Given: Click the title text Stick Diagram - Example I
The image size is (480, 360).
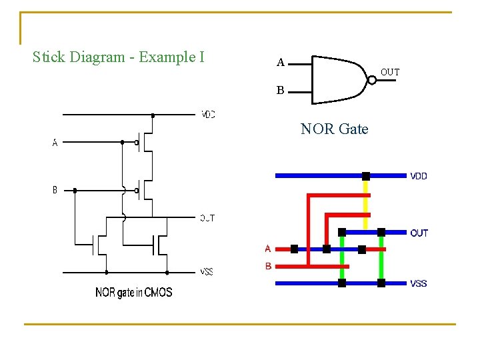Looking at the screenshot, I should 118,57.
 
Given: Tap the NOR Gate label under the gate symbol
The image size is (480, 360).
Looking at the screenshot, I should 334,129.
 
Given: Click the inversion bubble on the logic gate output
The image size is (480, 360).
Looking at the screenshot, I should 372,80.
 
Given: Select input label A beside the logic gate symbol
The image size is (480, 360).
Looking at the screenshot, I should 281,63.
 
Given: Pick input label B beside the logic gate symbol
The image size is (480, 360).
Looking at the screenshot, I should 281,90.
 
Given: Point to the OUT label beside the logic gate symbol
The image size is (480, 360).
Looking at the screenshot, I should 390,72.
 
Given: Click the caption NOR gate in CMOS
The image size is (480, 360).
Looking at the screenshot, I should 133,292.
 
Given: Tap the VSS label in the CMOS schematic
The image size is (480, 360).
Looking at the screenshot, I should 207,272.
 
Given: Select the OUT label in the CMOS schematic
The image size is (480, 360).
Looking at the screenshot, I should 207,218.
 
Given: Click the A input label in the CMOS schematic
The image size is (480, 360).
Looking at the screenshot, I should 55,142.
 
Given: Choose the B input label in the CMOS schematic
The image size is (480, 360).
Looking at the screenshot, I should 55,190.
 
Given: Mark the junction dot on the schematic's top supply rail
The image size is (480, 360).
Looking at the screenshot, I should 153,115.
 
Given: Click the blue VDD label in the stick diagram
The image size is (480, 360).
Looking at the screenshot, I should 419,177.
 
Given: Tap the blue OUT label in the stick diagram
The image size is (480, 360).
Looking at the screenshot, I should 419,233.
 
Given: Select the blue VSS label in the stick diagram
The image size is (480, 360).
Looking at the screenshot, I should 419,283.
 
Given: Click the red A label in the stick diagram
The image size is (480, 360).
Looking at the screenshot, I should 268,249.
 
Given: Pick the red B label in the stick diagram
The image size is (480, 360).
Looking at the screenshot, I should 268,266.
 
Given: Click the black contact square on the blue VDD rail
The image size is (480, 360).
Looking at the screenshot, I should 365,176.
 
